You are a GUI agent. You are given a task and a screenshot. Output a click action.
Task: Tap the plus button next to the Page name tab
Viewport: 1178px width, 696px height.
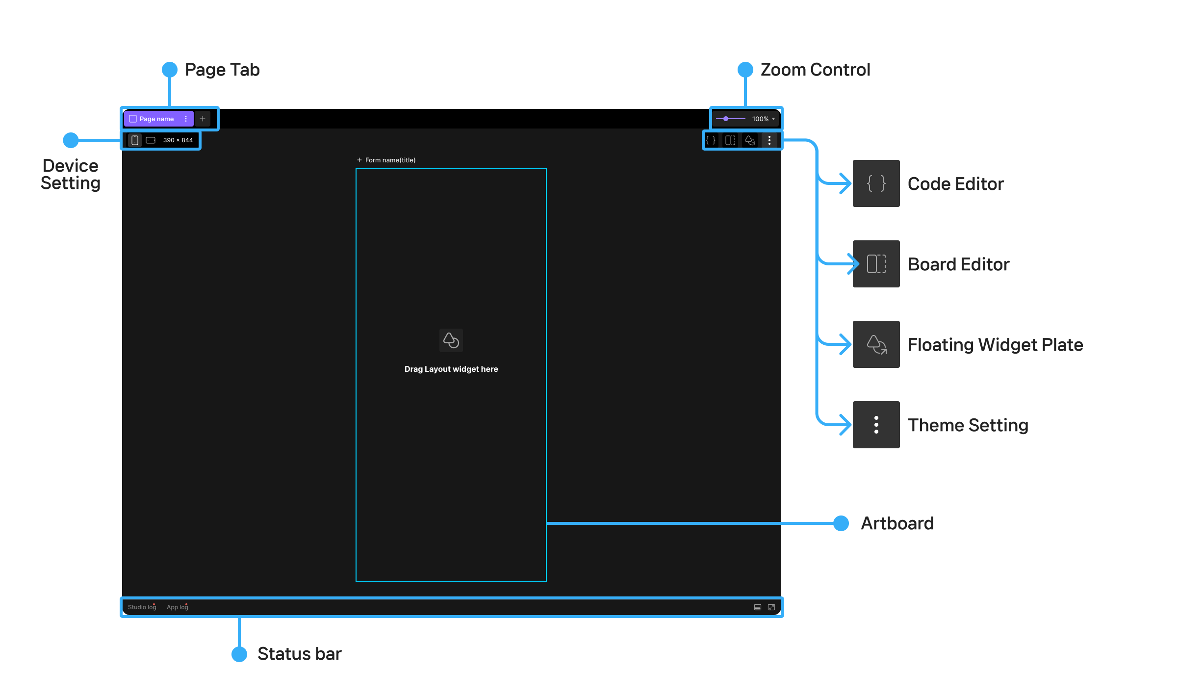(x=203, y=119)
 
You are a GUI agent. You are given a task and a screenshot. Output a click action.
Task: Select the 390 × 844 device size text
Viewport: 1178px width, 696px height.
(x=178, y=140)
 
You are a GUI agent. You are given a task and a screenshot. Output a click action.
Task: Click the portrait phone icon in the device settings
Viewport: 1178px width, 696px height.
(x=135, y=140)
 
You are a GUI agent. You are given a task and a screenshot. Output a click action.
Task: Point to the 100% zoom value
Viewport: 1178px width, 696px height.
(x=760, y=119)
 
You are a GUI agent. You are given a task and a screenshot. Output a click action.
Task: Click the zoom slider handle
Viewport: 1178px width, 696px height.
(x=726, y=119)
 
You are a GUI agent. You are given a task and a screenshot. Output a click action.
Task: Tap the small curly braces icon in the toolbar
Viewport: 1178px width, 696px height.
(x=711, y=141)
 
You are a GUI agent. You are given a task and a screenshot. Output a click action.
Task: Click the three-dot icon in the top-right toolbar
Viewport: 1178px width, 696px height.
(x=769, y=141)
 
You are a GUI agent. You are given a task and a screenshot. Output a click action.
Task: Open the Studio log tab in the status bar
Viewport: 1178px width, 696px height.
(x=142, y=607)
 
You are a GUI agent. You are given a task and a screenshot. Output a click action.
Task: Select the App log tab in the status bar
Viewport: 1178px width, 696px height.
(x=178, y=607)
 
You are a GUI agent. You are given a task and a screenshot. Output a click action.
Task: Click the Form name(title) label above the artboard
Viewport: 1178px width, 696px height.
(x=390, y=160)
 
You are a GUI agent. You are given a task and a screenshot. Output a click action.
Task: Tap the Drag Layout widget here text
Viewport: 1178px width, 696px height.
(x=451, y=369)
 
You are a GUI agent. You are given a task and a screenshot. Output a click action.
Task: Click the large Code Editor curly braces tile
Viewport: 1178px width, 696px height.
(x=876, y=183)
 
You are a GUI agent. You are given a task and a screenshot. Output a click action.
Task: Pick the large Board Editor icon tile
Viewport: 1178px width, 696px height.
(x=876, y=264)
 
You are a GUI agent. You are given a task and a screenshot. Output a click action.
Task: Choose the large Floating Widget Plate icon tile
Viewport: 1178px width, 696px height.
(x=876, y=344)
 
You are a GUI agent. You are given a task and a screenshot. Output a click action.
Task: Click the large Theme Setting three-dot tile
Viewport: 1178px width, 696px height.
(x=876, y=425)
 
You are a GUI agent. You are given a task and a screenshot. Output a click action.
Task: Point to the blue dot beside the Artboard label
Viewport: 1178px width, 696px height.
(x=841, y=523)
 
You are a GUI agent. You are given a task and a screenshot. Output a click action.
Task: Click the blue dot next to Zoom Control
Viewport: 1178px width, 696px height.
(x=745, y=70)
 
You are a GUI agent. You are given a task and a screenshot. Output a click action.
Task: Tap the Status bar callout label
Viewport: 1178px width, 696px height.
(x=299, y=654)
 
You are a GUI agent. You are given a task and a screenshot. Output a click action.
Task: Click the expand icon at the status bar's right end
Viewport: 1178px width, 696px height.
(x=771, y=607)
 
